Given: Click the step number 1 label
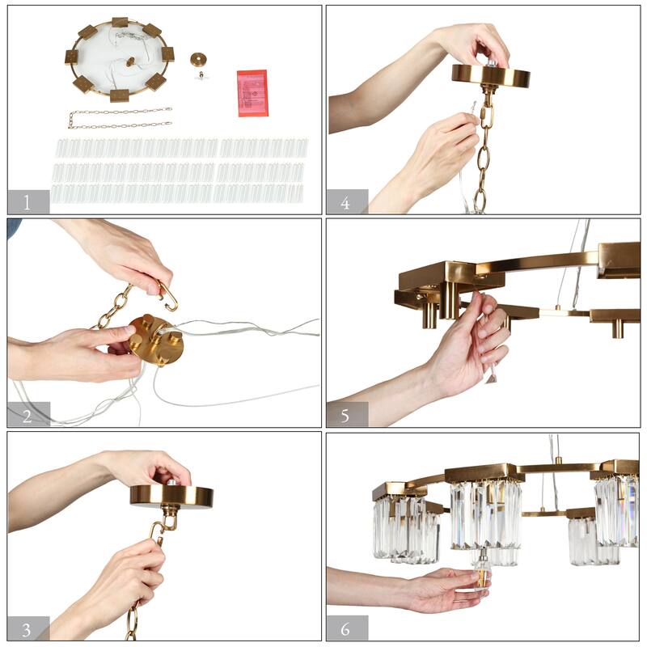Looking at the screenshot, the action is (x=27, y=203).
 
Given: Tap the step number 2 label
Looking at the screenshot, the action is (x=27, y=416).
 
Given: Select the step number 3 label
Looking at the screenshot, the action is (x=27, y=630).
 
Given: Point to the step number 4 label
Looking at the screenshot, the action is (x=345, y=203).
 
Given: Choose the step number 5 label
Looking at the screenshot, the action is (x=345, y=416).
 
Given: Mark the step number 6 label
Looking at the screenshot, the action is (x=345, y=629).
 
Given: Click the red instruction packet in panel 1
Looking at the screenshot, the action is (x=252, y=93).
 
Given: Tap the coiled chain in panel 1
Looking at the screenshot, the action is (x=120, y=117).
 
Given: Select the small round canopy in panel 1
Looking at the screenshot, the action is (x=198, y=59).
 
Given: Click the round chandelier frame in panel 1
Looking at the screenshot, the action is (x=119, y=59).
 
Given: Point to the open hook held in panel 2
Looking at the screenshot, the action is (x=169, y=295).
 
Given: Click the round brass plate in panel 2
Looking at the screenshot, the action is (x=156, y=340).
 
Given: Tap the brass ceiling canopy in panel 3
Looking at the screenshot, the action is (x=171, y=496).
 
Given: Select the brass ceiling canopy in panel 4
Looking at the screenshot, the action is (x=491, y=75).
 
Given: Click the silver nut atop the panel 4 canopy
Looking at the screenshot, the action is (x=492, y=63).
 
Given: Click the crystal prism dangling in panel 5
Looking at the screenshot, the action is (x=491, y=378).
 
